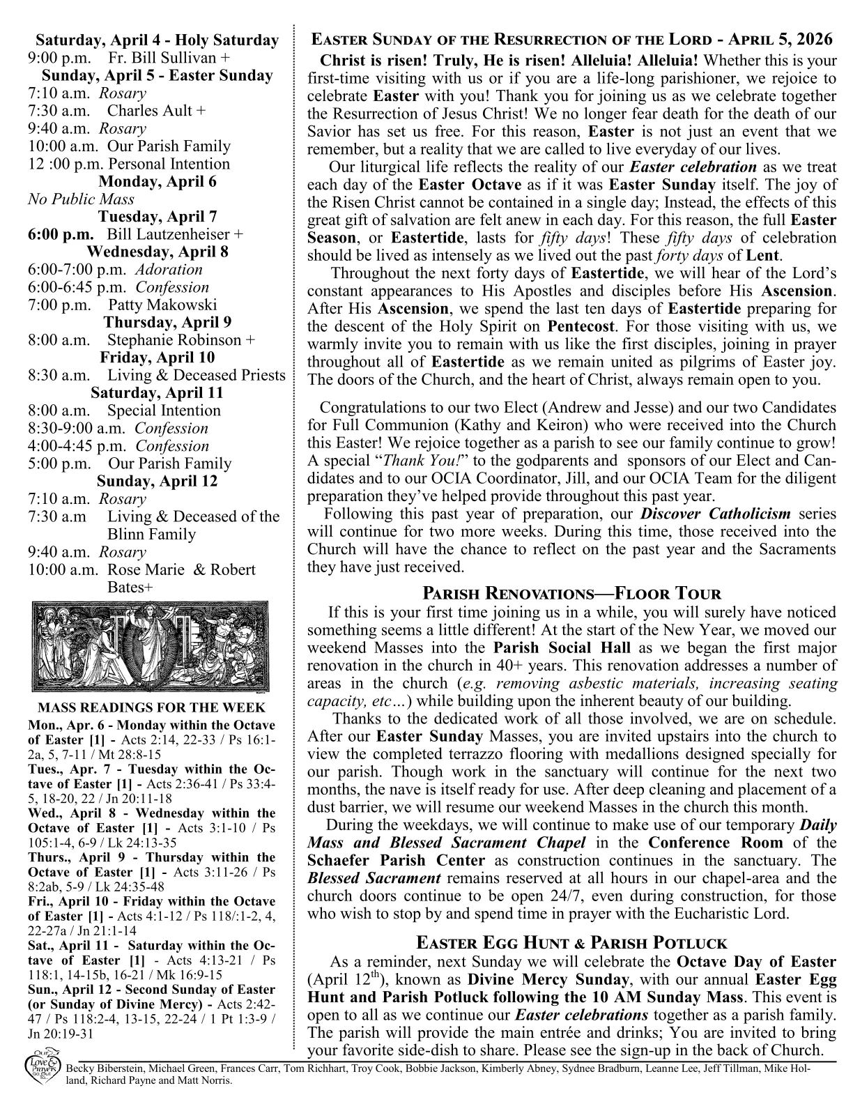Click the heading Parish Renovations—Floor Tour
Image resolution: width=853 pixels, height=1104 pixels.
point(571,594)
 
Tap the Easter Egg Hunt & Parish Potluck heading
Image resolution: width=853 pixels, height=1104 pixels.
point(571,943)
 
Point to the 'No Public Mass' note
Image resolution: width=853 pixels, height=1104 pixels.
point(81,199)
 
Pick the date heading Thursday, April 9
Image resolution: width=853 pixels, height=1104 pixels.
point(167,323)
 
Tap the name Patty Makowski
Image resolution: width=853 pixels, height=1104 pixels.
point(162,305)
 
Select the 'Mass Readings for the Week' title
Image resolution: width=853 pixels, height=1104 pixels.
point(151,708)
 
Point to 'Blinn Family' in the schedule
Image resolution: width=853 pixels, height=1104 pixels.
point(151,535)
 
